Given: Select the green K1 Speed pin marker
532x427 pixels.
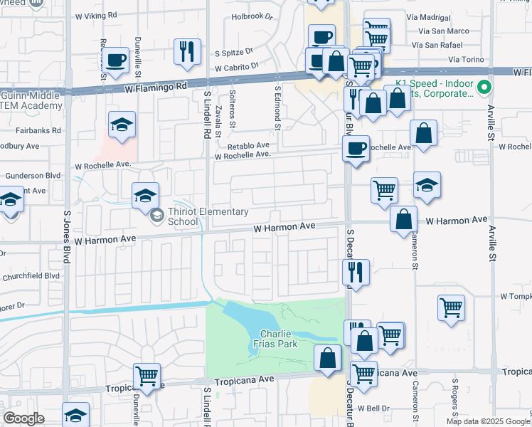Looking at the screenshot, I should (x=485, y=88).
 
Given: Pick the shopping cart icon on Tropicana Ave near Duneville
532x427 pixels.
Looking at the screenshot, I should (x=147, y=375).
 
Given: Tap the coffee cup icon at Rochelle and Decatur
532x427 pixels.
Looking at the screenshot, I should (x=356, y=149).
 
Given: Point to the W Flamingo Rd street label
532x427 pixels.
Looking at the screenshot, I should (x=156, y=85).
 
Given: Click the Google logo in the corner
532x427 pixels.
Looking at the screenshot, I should (x=24, y=418).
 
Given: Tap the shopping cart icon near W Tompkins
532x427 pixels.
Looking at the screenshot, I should (x=451, y=307).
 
